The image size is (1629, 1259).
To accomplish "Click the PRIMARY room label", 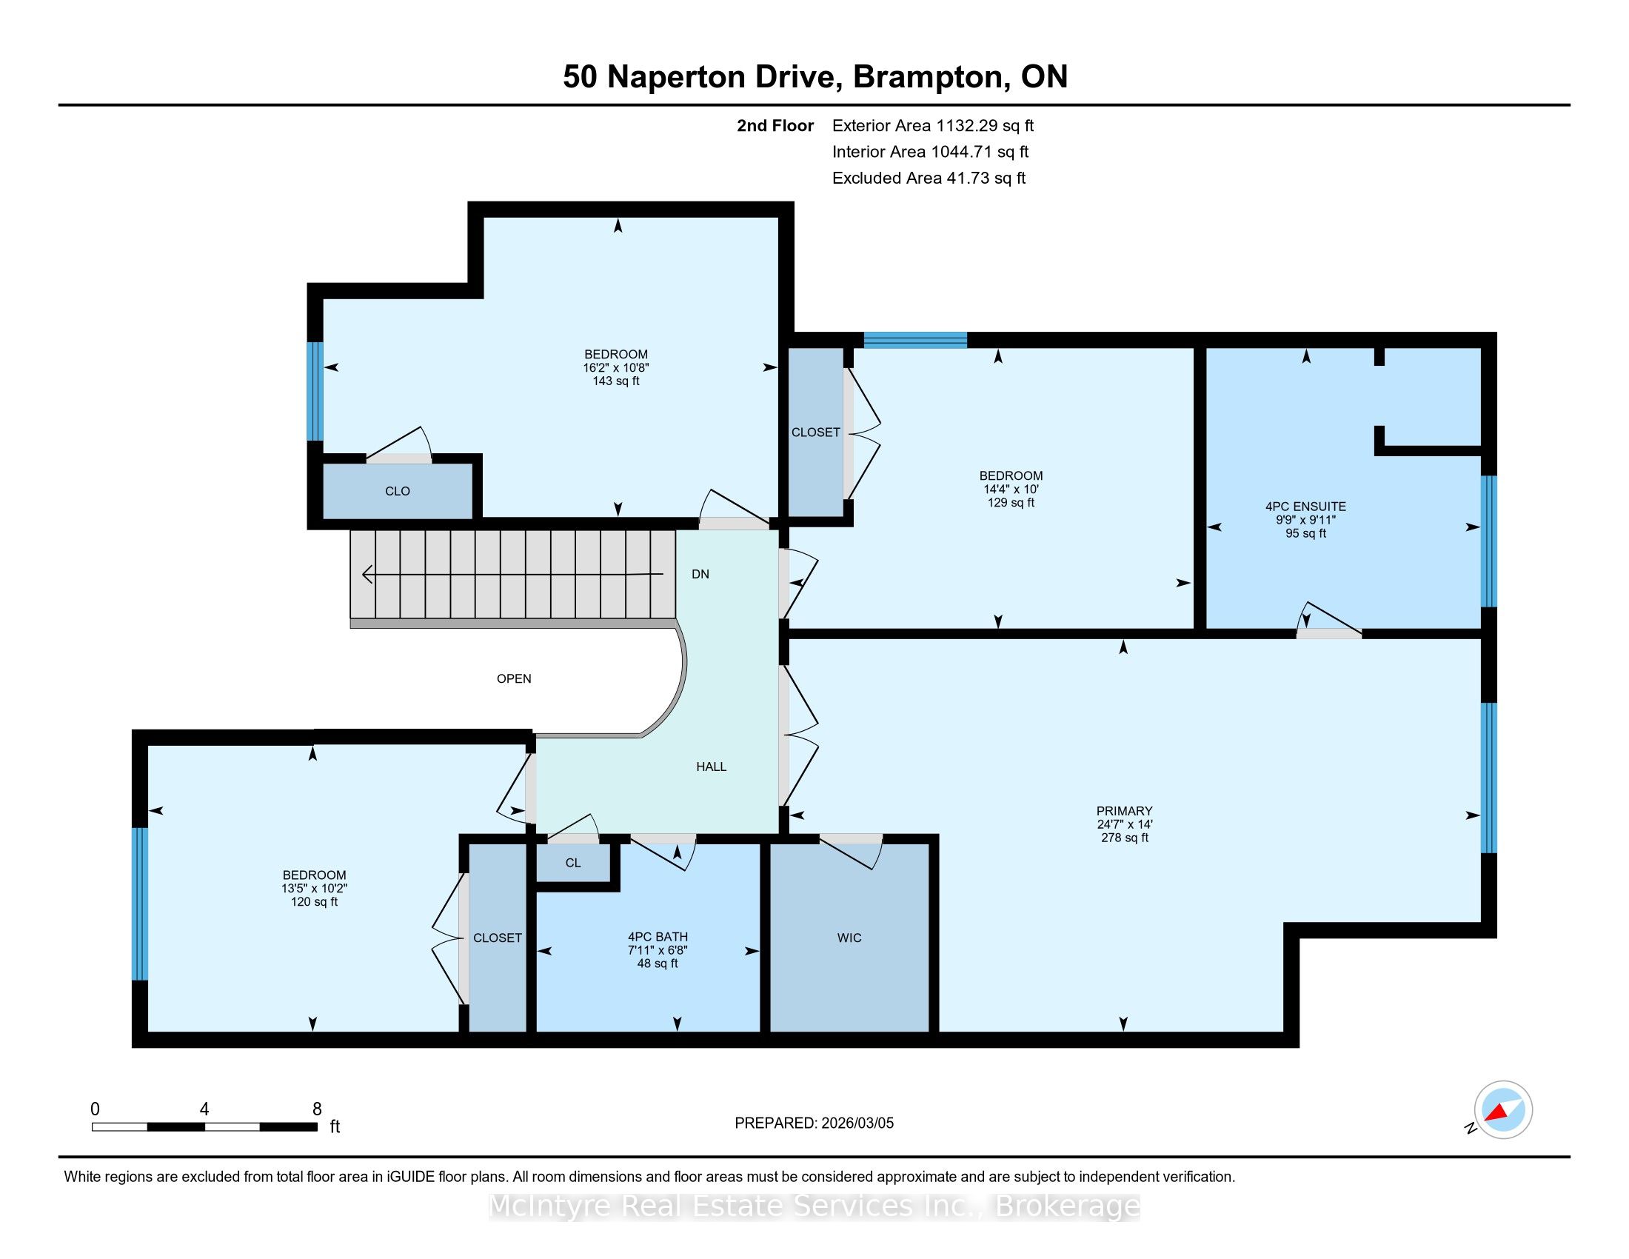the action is click(1124, 811).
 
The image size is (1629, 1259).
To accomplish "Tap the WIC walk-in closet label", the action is click(849, 938).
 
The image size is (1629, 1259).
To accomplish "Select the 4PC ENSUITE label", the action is click(1305, 507).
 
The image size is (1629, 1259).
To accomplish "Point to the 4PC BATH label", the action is click(657, 937).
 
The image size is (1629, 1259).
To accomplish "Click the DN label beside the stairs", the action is click(700, 574).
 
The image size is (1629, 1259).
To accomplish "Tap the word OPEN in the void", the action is click(514, 678).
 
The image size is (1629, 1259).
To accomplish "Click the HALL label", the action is click(711, 767).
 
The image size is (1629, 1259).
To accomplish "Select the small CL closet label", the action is click(573, 863).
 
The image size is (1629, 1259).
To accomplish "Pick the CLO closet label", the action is click(398, 491).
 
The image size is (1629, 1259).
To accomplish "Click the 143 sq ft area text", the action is click(616, 381).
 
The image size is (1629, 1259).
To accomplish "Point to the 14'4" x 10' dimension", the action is click(1011, 490).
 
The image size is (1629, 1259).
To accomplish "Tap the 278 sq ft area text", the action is click(1124, 838).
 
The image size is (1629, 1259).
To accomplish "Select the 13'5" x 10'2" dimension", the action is click(314, 888).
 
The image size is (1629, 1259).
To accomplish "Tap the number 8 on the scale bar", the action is click(317, 1109).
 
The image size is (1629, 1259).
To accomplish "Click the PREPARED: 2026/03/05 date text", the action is click(814, 1123).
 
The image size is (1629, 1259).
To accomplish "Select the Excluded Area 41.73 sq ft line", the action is click(929, 178).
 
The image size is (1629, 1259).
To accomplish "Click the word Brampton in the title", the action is click(928, 78).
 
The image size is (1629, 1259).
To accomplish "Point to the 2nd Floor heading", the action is click(775, 126).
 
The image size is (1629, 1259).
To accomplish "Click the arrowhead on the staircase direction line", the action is click(367, 574).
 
